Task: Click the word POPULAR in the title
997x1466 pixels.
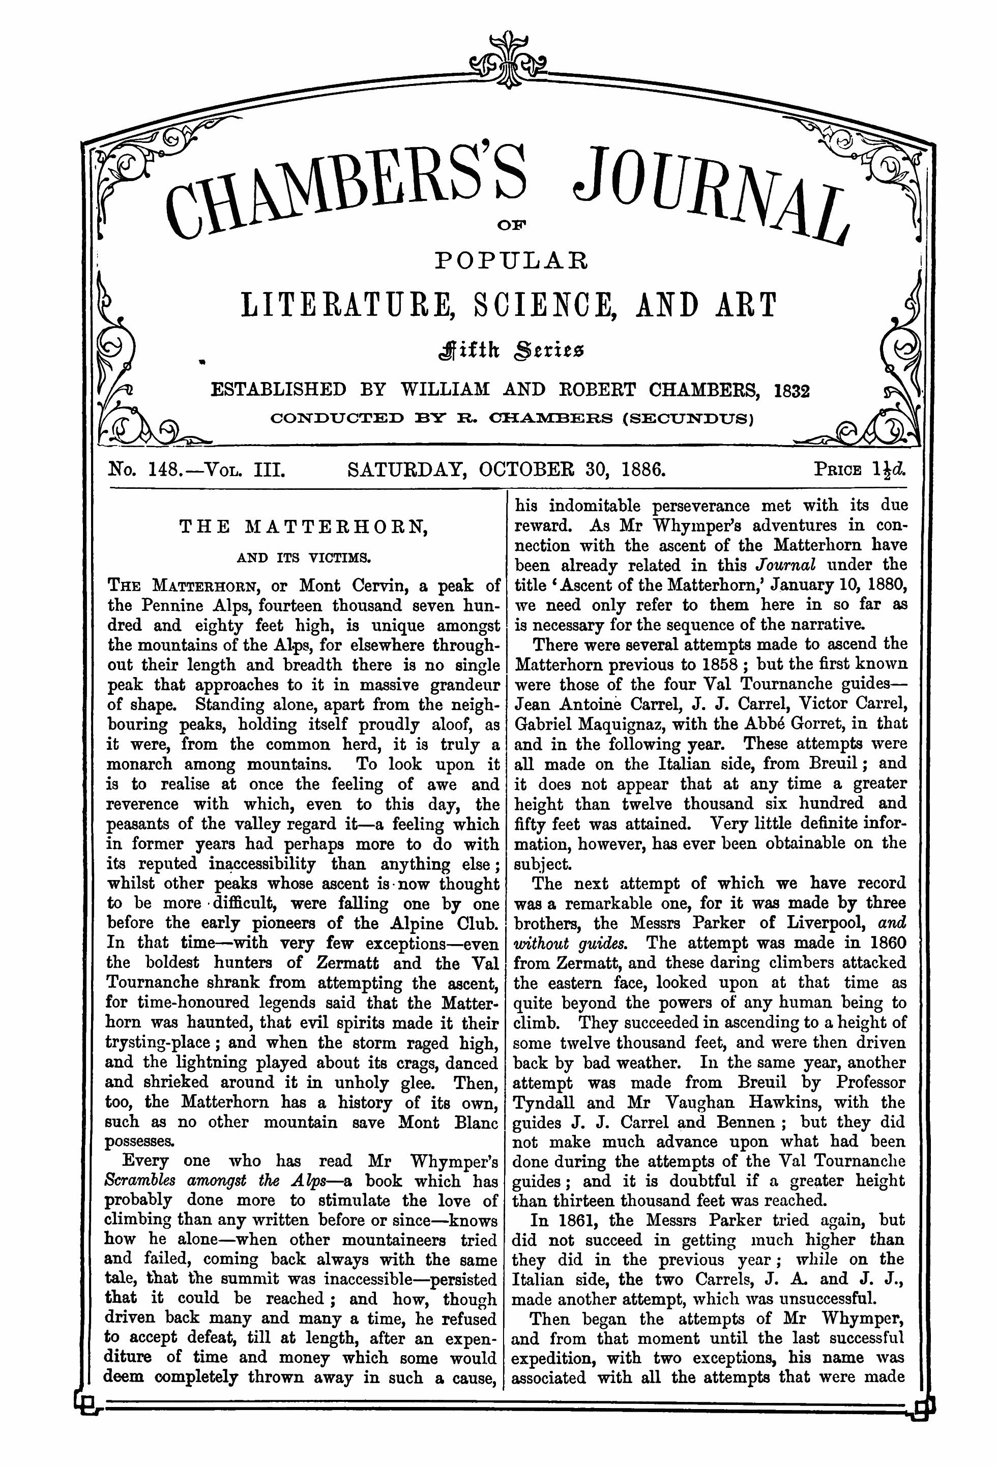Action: (x=511, y=259)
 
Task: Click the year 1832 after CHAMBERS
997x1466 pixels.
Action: (x=791, y=391)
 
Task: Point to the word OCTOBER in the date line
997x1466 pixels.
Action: (x=540, y=470)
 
